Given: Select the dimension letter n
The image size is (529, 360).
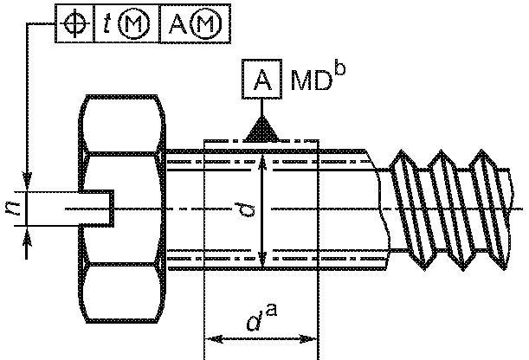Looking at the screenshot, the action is click(14, 209).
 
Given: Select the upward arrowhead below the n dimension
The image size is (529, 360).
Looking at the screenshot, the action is click(27, 235).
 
